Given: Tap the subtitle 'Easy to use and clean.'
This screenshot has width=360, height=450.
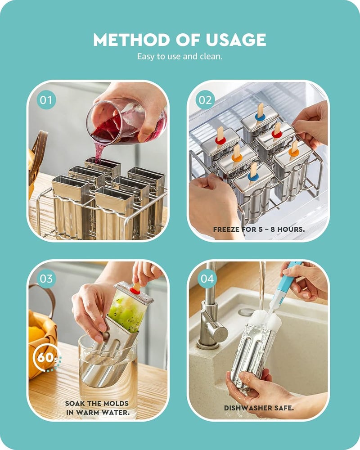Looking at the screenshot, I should [180, 57].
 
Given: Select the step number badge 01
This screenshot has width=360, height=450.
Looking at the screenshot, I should [46, 100].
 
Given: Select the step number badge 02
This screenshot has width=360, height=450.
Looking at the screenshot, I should [205, 100].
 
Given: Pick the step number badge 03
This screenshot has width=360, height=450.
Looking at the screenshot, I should [46, 279].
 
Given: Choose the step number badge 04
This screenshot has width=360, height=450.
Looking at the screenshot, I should [207, 279].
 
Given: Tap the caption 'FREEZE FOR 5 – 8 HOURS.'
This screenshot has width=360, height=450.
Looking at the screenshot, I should [259, 229].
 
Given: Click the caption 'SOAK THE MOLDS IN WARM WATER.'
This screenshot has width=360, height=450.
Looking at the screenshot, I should [97, 408].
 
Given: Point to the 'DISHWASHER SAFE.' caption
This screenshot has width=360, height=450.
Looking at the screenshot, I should [259, 408].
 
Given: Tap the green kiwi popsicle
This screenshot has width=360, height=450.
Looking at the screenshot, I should [127, 310].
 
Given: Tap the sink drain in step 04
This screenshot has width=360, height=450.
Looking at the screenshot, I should [246, 311].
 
